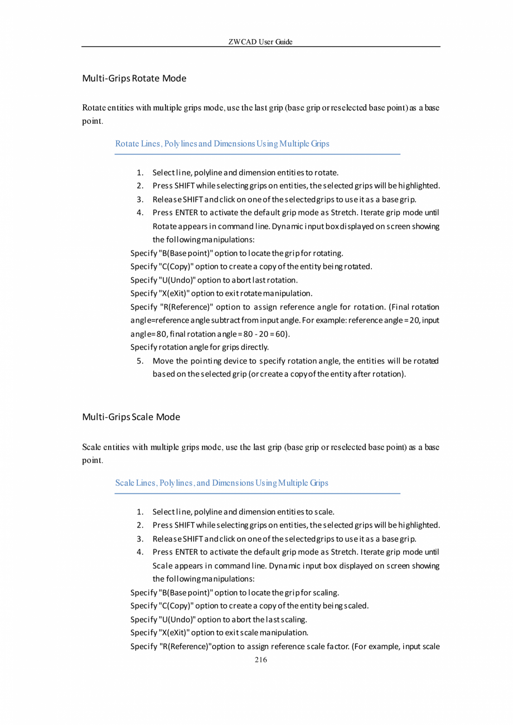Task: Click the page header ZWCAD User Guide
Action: [x=260, y=42]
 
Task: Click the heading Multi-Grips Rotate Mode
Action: [x=134, y=78]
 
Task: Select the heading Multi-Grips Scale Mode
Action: [x=131, y=417]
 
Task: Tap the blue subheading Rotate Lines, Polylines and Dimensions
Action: [x=222, y=143]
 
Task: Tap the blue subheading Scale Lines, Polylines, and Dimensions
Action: [x=221, y=482]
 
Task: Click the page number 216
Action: [x=260, y=660]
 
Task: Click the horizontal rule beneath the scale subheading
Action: [x=258, y=493]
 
